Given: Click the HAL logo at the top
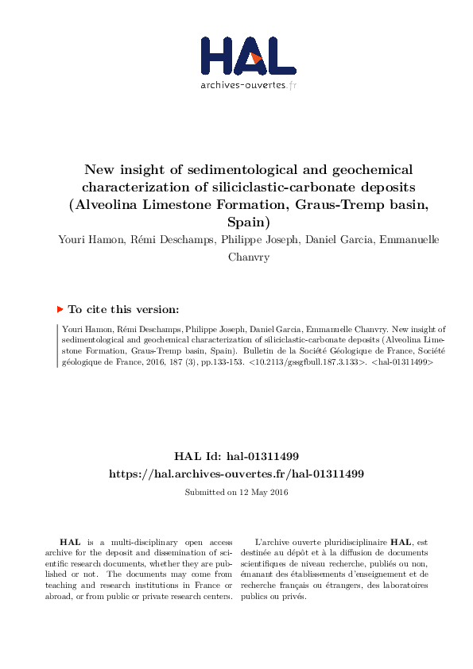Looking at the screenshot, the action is click(x=247, y=56).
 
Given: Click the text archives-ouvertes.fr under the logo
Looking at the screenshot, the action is click(x=247, y=85).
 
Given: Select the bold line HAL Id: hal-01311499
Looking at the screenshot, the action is click(x=236, y=456).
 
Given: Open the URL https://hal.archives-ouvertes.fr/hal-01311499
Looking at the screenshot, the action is click(x=236, y=474).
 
